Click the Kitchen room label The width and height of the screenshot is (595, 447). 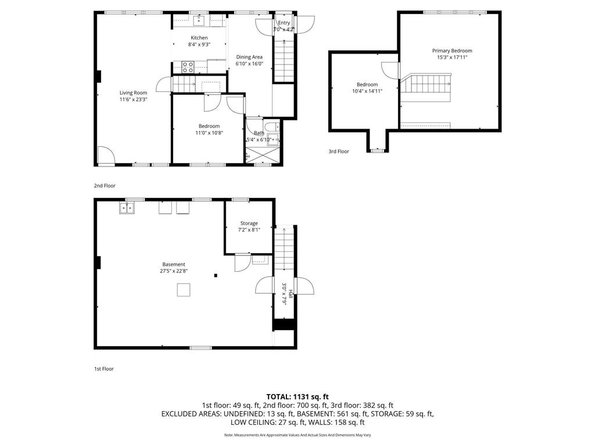(x=199, y=38)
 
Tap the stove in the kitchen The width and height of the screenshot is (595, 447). (x=188, y=67)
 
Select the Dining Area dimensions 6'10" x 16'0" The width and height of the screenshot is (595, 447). (x=249, y=64)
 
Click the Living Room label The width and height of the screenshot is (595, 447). (x=133, y=93)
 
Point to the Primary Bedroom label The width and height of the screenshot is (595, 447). (x=452, y=51)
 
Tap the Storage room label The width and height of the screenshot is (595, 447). (x=249, y=223)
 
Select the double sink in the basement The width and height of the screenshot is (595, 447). (x=127, y=208)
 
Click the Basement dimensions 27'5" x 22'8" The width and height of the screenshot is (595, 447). (x=174, y=270)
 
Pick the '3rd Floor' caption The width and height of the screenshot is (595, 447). (x=339, y=151)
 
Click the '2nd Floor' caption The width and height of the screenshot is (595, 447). (x=105, y=186)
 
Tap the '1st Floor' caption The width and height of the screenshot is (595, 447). (x=105, y=369)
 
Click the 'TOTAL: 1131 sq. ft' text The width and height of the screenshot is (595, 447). (x=297, y=396)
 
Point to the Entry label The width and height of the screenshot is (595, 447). (x=284, y=22)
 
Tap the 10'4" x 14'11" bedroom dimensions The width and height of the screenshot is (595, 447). (x=367, y=91)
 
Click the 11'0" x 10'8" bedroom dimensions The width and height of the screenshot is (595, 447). (x=209, y=133)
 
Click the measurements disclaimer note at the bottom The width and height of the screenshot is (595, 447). (x=297, y=435)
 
